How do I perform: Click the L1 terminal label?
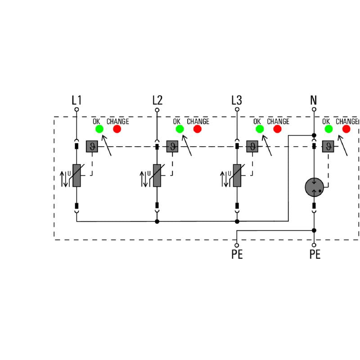(x=76, y=100)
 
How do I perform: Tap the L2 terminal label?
(x=157, y=100)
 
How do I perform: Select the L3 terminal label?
(x=237, y=100)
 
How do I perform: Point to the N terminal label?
(x=314, y=100)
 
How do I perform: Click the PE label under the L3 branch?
(x=237, y=255)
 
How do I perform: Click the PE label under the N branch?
(x=315, y=255)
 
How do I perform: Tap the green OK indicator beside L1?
(x=99, y=129)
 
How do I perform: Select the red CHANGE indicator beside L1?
(x=117, y=129)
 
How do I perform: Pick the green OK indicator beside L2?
(x=180, y=129)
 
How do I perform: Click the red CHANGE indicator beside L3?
(x=277, y=129)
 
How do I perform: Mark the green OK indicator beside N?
(x=328, y=129)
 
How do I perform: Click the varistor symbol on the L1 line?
(x=76, y=175)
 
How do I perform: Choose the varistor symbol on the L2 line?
(x=157, y=175)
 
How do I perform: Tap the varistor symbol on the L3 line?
(x=237, y=175)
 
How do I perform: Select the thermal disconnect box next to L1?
(x=92, y=146)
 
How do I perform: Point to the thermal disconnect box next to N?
(x=328, y=146)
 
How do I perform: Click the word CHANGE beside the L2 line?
(x=198, y=121)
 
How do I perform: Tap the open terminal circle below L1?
(x=76, y=109)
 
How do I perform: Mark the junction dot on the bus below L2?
(x=157, y=221)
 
